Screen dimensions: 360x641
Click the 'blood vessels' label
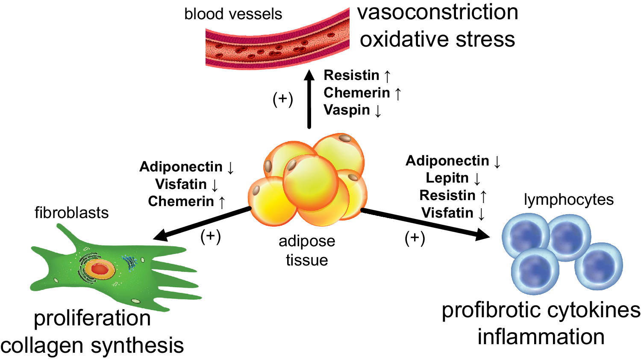pos(233,14)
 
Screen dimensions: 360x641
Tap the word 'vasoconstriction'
pos(438,12)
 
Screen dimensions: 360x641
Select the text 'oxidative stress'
pos(437,39)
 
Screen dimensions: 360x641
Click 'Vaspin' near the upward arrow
pos(347,110)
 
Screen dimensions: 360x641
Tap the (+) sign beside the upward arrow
pos(283,99)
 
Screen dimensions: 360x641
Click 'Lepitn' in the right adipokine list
pos(447,178)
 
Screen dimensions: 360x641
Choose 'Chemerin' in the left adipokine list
pos(181,201)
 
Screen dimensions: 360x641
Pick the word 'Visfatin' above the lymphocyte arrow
pos(447,212)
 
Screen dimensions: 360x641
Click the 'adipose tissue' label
pos(307,250)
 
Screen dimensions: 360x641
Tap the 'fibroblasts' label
pos(71,212)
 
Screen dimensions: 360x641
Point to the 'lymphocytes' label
pos(568,200)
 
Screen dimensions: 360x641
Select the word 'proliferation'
pos(92,318)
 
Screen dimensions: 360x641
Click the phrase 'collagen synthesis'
pos(92,345)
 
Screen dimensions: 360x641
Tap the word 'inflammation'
pos(541,337)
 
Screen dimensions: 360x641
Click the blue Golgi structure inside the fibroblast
pos(129,262)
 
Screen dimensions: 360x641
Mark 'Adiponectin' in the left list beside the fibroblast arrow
pos(181,167)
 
